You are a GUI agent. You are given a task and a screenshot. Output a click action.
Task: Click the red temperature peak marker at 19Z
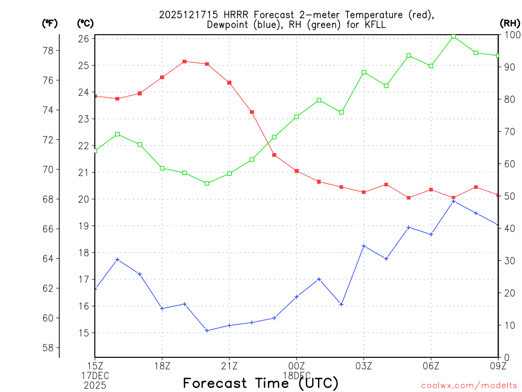tap(185, 61)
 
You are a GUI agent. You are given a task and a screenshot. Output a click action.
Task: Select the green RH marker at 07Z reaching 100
tap(453, 36)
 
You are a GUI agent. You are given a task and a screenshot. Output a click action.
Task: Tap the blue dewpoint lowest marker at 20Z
tap(207, 330)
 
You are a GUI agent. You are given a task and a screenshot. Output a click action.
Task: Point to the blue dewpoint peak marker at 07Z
tap(453, 201)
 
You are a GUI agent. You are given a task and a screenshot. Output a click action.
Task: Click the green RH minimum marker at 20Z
tap(207, 183)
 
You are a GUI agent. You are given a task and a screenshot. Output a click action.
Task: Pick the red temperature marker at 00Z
tap(296, 171)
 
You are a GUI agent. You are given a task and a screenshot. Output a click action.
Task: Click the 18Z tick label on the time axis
tap(162, 365)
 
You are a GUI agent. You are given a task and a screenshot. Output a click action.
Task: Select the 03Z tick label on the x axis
tap(363, 365)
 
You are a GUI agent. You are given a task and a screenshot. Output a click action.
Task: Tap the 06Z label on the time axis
tap(431, 365)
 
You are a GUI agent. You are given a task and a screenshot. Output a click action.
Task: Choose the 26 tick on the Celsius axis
tap(85, 39)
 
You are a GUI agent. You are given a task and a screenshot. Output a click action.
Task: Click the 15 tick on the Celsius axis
tap(85, 333)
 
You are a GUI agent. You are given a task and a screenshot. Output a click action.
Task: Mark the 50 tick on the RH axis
tap(509, 196)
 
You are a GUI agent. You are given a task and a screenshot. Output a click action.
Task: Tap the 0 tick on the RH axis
tap(506, 357)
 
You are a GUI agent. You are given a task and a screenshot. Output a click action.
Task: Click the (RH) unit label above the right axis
tap(510, 23)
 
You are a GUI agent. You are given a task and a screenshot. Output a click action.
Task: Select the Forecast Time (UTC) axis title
tap(260, 383)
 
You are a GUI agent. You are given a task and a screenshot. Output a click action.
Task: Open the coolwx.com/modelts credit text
tap(469, 385)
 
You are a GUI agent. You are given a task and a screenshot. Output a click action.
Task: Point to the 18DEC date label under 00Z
tap(296, 375)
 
